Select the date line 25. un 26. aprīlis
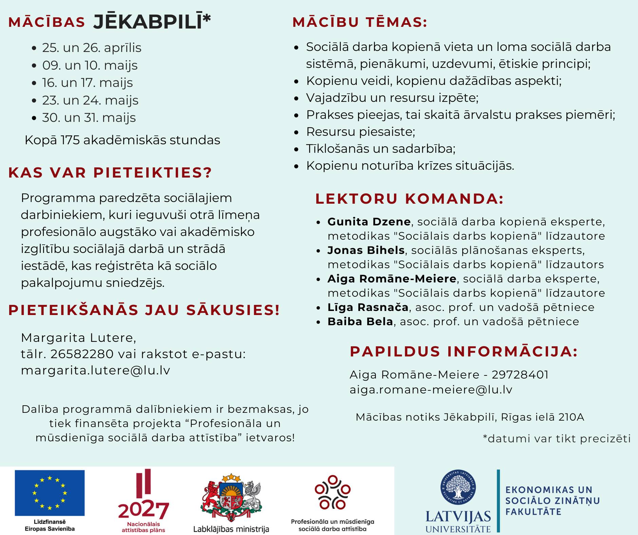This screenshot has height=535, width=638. [92, 48]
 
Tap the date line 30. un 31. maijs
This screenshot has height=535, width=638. [89, 118]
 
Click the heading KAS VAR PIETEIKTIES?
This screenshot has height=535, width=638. [110, 172]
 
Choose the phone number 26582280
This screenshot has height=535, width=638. [82, 354]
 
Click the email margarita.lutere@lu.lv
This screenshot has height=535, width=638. [95, 370]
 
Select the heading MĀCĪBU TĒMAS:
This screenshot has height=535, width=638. [360, 22]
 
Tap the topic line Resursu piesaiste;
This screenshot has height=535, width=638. [360, 132]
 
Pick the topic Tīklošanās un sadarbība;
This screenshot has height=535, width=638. [381, 149]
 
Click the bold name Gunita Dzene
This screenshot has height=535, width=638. [369, 222]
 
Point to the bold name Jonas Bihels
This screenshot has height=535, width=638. [366, 250]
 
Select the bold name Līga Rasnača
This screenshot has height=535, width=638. [368, 307]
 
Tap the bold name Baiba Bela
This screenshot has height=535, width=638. [360, 321]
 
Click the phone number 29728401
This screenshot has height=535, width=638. [520, 375]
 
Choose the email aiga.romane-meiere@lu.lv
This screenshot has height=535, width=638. [431, 390]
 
